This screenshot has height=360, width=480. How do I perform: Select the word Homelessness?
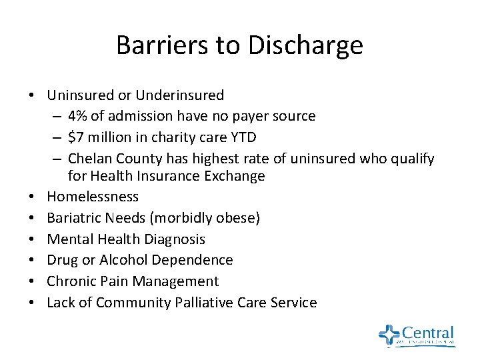click(93, 197)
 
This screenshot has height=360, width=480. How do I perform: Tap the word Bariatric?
click(74, 218)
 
